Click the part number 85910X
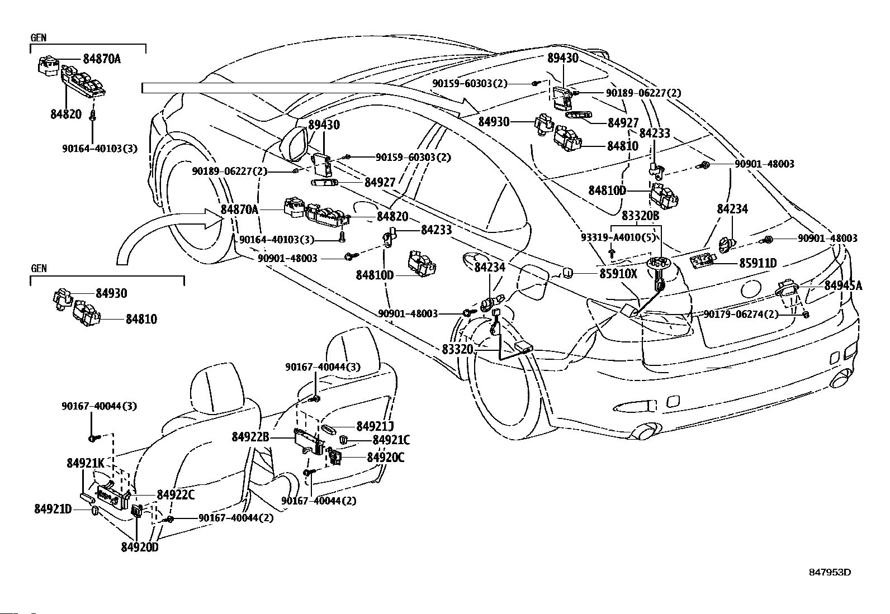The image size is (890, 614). point(618,274)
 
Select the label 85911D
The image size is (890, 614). point(758,263)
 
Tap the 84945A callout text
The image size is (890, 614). point(843,285)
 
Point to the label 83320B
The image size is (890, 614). point(640,216)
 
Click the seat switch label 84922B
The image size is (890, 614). point(250,437)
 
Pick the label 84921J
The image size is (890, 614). point(375,426)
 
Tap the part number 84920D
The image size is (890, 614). point(140,548)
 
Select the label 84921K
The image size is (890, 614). point(86,463)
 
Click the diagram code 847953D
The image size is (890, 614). point(830,572)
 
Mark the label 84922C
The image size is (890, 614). point(176,495)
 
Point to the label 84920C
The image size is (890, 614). point(385,458)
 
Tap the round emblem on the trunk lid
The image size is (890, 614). point(751,289)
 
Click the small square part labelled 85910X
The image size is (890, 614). point(568,273)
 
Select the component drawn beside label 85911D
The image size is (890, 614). point(703,261)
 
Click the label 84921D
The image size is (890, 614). point(53,509)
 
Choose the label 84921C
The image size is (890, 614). point(391,440)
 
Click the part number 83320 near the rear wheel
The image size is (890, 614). point(458,350)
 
